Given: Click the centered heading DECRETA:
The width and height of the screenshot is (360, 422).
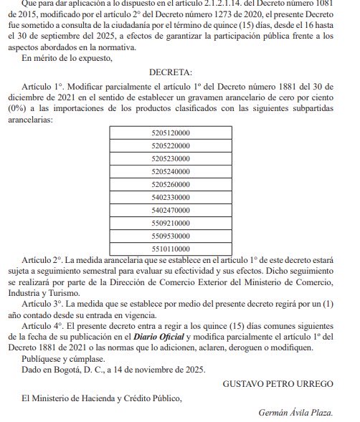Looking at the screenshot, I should pyautogui.click(x=171, y=73).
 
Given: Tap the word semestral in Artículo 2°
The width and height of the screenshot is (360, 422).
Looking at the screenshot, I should pyautogui.click(x=93, y=272).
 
